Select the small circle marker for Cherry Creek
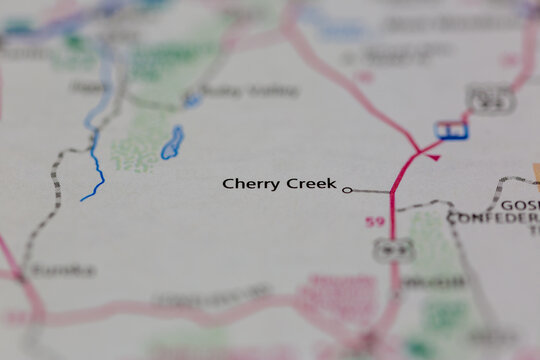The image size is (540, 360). point(347,189)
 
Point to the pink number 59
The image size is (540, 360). point(374,221)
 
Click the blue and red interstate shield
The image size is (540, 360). point(451,130)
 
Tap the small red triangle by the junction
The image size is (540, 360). point(433,156)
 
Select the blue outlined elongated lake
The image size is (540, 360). point(172,143)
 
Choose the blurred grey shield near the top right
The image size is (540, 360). point(490,98)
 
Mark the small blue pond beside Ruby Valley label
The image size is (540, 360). point(191,99)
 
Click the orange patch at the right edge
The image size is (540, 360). point(536,173)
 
